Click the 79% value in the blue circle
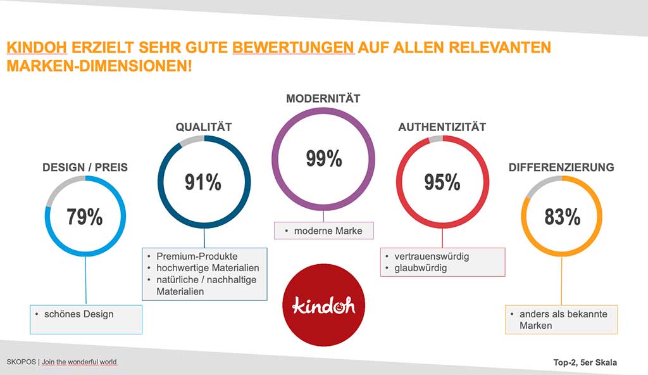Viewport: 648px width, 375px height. [x=85, y=217]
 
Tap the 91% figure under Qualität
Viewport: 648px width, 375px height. [x=203, y=182]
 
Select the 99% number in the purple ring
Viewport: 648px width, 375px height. [x=324, y=158]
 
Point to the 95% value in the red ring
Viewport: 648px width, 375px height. [x=442, y=182]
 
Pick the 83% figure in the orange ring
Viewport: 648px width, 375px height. [x=562, y=217]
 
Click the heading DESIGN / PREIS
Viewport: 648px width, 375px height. [x=85, y=167]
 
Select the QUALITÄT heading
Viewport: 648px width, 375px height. [x=204, y=127]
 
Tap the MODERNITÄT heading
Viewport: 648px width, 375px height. [x=323, y=99]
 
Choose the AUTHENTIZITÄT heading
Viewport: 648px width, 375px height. [x=442, y=127]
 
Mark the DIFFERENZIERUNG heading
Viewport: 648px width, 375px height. [x=561, y=167]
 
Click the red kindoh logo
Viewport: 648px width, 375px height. [x=323, y=305]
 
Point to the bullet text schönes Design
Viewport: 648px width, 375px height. [x=78, y=314]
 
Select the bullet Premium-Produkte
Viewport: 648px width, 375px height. [x=197, y=256]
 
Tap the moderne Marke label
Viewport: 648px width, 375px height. [x=328, y=231]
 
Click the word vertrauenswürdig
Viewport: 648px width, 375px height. [x=432, y=257]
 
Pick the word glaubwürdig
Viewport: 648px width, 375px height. [x=420, y=268]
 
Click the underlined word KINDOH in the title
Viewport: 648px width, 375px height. [x=37, y=48]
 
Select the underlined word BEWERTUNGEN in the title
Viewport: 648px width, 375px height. [x=294, y=48]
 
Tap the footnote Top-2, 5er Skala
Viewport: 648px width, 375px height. [x=585, y=362]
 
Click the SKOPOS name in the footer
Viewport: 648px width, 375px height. [x=22, y=362]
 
